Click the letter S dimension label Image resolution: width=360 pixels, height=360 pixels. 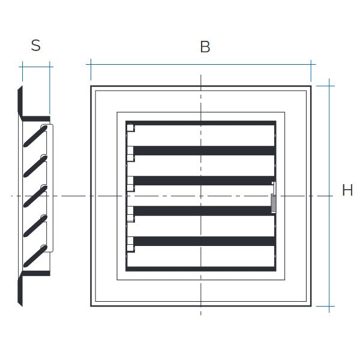(36, 45)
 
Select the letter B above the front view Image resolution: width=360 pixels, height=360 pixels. (205, 47)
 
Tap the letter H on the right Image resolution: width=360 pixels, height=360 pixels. (347, 191)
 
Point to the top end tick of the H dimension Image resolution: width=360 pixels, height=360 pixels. (326, 86)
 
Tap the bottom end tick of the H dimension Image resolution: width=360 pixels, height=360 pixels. (326, 306)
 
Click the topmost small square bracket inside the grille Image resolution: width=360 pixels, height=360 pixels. (131, 128)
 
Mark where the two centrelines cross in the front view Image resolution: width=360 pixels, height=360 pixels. (201, 196)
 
